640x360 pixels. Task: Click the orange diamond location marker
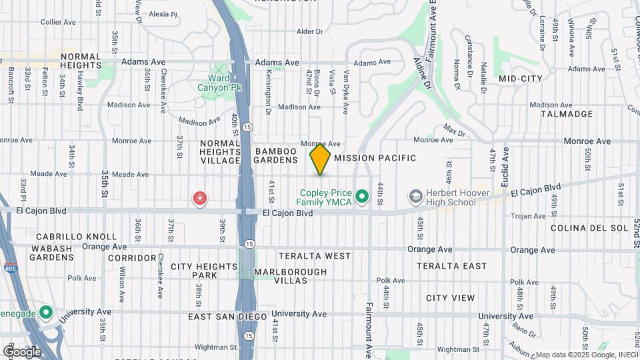tap(320, 159)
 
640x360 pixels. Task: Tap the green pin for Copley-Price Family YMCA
tap(362, 196)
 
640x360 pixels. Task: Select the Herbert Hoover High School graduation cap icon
tap(416, 196)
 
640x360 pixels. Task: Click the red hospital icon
tap(199, 198)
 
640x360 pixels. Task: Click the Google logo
tap(22, 351)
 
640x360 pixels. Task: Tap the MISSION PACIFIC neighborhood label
tap(375, 158)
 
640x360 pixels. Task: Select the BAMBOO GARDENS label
tap(275, 155)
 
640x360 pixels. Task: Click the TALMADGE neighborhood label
tap(571, 114)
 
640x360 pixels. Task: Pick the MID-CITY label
tap(520, 79)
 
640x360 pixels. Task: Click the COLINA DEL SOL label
tap(589, 228)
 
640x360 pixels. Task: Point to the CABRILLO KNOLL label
tap(67, 237)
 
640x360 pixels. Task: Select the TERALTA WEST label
tap(315, 256)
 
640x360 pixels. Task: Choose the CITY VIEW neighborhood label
tap(451, 298)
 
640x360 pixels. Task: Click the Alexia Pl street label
tap(163, 13)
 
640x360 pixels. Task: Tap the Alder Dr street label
tap(309, 31)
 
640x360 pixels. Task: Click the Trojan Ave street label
tap(527, 215)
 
